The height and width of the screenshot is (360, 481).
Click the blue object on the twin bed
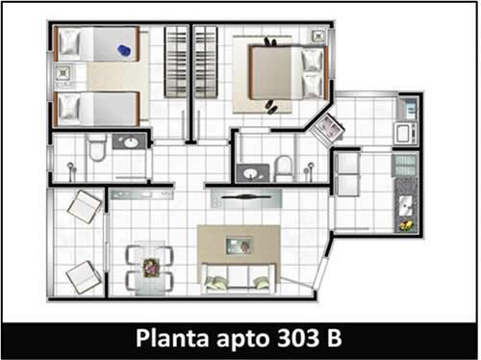(124, 51)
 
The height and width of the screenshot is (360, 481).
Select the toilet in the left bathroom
(96, 147)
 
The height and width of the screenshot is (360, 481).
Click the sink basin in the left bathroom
(131, 142)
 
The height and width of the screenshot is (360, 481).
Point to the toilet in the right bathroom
(284, 167)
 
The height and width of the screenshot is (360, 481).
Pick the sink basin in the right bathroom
(250, 173)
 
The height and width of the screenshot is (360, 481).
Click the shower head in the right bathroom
(311, 167)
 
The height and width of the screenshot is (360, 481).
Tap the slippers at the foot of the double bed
(271, 108)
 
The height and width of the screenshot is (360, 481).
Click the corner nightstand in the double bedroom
(318, 36)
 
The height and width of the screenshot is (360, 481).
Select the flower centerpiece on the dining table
(151, 268)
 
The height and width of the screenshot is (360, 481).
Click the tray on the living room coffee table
(240, 245)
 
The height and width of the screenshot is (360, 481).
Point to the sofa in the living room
(239, 278)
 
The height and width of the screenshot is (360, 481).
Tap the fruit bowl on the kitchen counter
(406, 225)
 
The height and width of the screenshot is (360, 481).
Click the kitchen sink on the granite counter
(406, 206)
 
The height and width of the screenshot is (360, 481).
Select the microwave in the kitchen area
(405, 133)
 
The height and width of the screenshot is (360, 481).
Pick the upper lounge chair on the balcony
(85, 207)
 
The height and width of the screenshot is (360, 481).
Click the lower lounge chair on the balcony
(84, 277)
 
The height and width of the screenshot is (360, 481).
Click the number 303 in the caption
(298, 338)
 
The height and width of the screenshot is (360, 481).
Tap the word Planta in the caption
(172, 339)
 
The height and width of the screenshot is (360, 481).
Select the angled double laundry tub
(327, 127)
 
